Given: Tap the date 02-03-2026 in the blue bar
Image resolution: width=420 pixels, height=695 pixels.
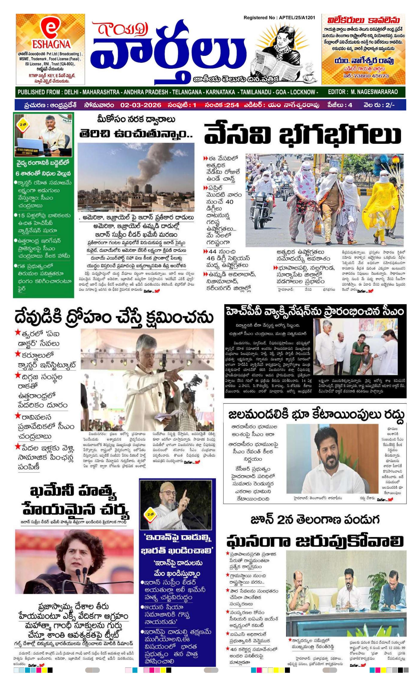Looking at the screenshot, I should point(140,105).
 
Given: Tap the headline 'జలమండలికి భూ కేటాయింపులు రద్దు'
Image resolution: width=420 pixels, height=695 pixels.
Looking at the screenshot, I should point(316,415).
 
